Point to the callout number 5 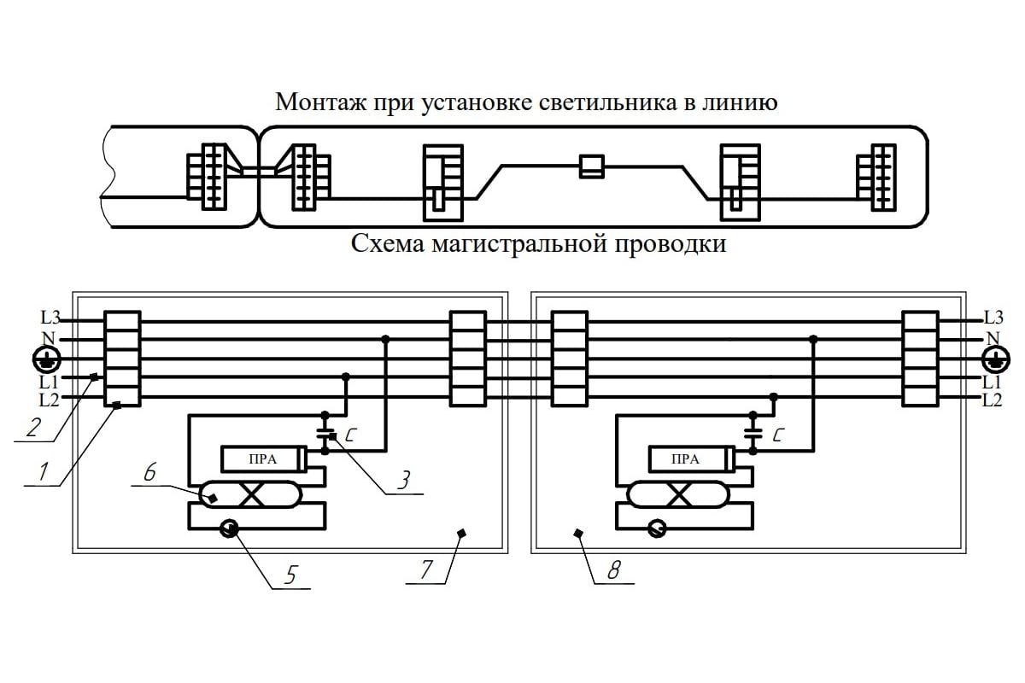tap(290, 575)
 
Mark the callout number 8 tap(613, 569)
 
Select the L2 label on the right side tap(993, 399)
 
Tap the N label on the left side tap(49, 337)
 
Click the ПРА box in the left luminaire tap(262, 459)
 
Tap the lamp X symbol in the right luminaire tap(681, 493)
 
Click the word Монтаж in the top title tap(319, 102)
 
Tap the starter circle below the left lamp tap(229, 529)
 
